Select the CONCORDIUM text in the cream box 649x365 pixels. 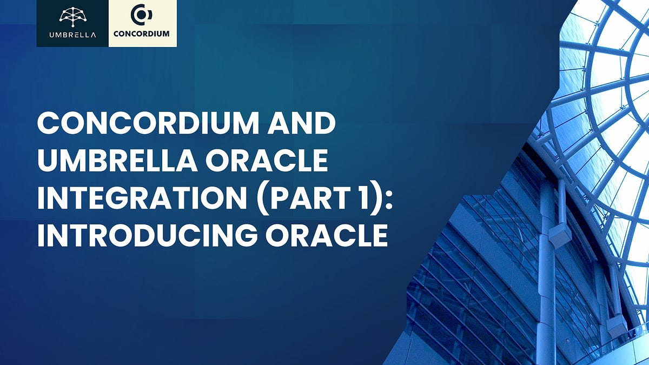(x=142, y=34)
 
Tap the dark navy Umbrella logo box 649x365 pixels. (x=72, y=23)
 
